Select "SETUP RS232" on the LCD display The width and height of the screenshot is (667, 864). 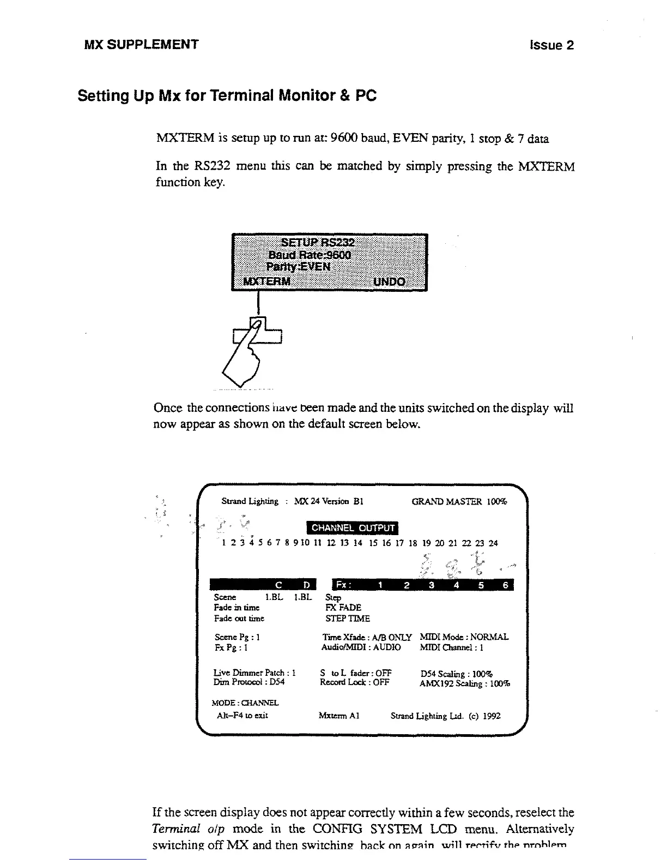coord(318,243)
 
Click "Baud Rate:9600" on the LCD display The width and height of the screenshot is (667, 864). coord(310,255)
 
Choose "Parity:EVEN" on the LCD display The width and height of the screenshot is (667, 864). coord(299,267)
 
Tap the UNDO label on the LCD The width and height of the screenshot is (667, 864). coord(389,281)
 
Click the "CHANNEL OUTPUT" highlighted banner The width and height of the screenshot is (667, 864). coord(353,527)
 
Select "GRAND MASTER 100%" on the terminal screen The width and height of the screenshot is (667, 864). coord(459,501)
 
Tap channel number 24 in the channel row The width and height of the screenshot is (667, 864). coord(493,543)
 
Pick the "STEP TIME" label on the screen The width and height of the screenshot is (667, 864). coord(348,619)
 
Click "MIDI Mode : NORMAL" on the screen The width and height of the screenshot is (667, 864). coord(464,637)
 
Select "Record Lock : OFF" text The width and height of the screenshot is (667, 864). coord(355,682)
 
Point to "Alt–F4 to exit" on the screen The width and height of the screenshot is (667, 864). coord(242,715)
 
